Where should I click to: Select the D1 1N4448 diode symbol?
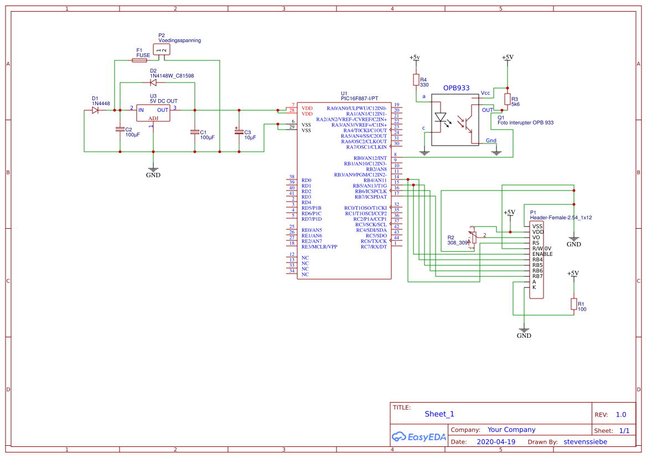[95, 110]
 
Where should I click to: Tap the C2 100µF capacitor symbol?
[120, 129]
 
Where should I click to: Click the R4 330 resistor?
[416, 80]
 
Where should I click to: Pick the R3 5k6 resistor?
[508, 99]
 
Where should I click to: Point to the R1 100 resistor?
[573, 304]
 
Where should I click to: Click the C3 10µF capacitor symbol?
[239, 132]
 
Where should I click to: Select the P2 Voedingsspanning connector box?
[162, 50]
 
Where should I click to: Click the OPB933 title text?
[456, 88]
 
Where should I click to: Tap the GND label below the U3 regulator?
[153, 175]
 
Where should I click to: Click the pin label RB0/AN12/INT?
[366, 158]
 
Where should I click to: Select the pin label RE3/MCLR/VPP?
[319, 246]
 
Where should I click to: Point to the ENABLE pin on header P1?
[542, 254]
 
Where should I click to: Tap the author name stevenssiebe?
[585, 442]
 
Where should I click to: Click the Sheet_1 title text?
[439, 414]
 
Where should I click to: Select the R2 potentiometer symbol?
[472, 238]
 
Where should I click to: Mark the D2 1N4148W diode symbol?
[153, 83]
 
